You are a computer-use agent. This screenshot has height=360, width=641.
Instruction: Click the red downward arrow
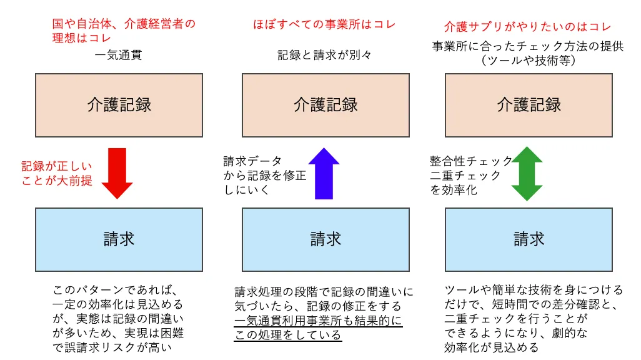coord(117,174)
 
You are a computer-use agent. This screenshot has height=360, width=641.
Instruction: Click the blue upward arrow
coord(324,174)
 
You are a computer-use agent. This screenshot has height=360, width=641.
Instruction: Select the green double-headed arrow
coord(527,174)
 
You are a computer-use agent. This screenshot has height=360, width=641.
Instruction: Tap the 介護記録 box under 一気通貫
coord(119,105)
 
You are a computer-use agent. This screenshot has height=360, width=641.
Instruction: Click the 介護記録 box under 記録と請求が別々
coord(326,105)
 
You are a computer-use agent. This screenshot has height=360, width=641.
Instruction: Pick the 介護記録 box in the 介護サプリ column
coord(529,105)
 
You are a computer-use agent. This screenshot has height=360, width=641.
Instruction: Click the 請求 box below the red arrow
coord(119,240)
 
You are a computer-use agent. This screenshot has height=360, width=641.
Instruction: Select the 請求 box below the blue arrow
coord(326,240)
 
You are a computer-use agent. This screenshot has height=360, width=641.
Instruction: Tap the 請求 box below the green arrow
coord(529,240)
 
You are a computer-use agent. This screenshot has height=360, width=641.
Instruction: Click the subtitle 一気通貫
coord(118,55)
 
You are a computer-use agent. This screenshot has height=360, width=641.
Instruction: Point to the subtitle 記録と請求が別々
coord(325,55)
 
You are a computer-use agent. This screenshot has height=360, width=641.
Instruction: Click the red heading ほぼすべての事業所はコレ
coord(325,24)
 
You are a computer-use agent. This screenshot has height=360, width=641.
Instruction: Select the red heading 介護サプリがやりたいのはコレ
coord(527,27)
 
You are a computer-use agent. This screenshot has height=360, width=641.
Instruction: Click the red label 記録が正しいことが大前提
coord(57,174)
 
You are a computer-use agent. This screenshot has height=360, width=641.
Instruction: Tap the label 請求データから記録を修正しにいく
coord(264,176)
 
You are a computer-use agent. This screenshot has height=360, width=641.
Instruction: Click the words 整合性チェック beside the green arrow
coord(470,161)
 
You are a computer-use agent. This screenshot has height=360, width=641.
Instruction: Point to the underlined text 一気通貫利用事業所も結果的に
coord(319,321)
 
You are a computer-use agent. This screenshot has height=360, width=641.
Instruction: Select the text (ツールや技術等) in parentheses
coord(529,61)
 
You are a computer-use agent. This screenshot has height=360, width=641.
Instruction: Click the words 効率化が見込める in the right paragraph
coord(492,347)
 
